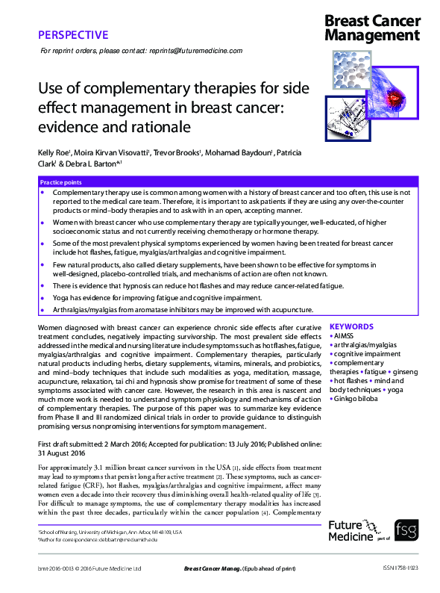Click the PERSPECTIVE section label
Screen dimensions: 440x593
tap(72, 34)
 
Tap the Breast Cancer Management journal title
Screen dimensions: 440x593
tap(372, 28)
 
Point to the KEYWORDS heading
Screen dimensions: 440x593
tap(350, 326)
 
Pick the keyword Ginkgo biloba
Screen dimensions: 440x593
tap(354, 399)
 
